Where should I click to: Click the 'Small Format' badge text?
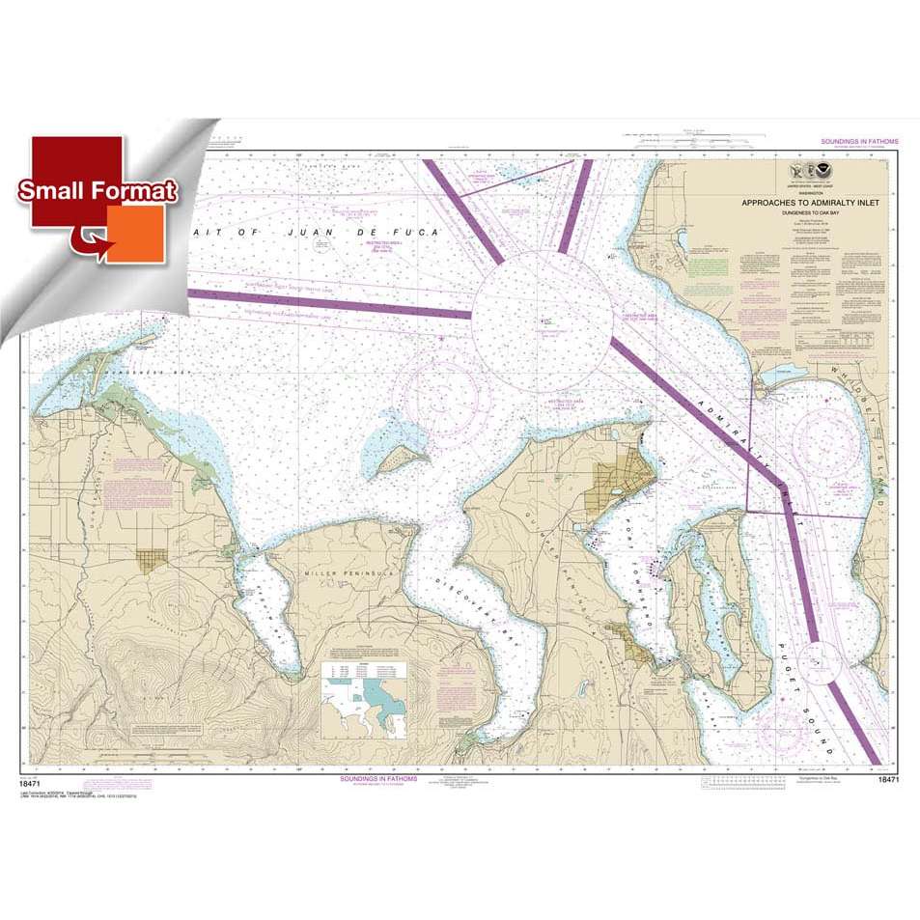point(98,190)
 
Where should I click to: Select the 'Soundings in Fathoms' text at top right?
point(859,142)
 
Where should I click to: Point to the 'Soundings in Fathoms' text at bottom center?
point(380,777)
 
